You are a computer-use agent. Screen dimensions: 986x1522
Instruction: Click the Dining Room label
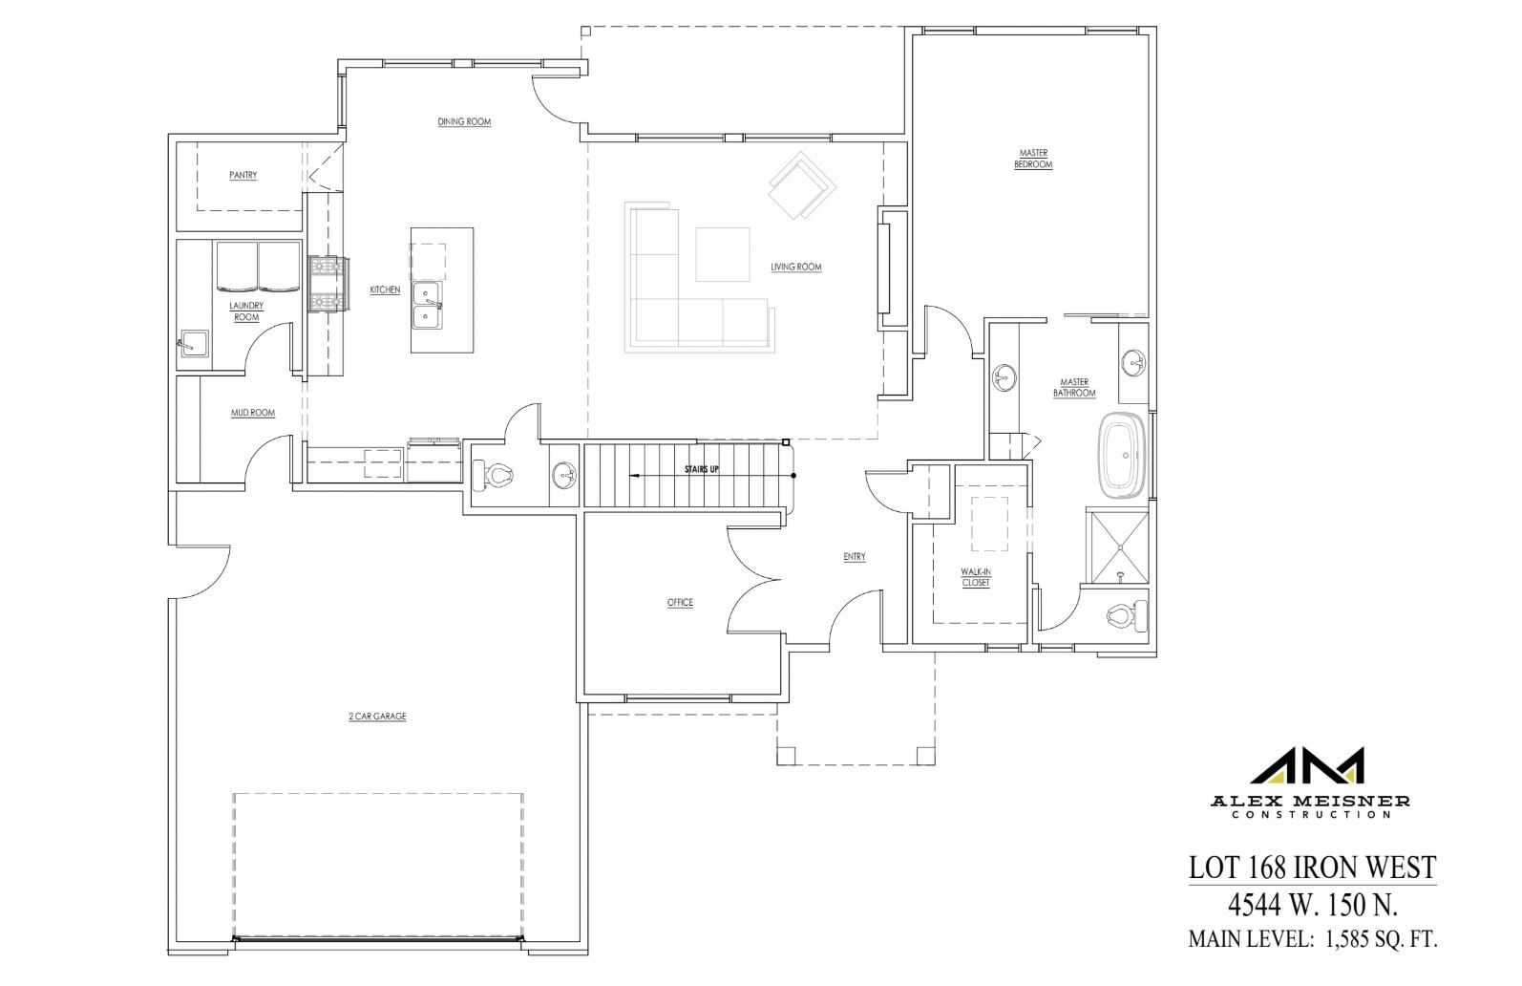(x=464, y=122)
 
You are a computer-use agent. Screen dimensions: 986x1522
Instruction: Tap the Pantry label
(x=243, y=176)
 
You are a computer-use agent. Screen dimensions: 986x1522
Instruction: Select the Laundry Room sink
(x=192, y=343)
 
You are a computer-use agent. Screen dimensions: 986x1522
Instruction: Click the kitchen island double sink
(x=426, y=305)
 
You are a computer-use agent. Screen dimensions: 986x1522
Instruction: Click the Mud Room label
(x=253, y=414)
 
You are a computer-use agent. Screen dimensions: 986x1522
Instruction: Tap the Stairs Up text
(x=702, y=470)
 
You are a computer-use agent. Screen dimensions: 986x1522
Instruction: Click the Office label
(x=680, y=603)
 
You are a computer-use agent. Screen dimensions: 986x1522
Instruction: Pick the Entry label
(x=854, y=557)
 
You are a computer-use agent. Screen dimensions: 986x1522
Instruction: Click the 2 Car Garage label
(x=377, y=717)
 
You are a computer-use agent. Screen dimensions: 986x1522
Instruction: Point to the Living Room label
(x=795, y=268)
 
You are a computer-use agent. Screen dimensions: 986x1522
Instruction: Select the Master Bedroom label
(x=1033, y=159)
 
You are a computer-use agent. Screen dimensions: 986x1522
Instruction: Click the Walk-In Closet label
(x=976, y=577)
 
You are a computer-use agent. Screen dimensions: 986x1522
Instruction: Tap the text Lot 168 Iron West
(x=1311, y=867)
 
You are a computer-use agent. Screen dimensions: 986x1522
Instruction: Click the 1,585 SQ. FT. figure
(x=1380, y=939)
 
